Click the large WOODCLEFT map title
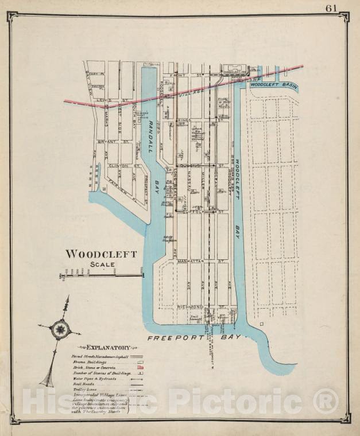(101, 254)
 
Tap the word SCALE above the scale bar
(102, 264)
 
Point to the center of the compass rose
(59, 329)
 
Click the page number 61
(331, 8)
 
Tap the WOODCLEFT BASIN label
(273, 85)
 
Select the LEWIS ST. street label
(103, 100)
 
